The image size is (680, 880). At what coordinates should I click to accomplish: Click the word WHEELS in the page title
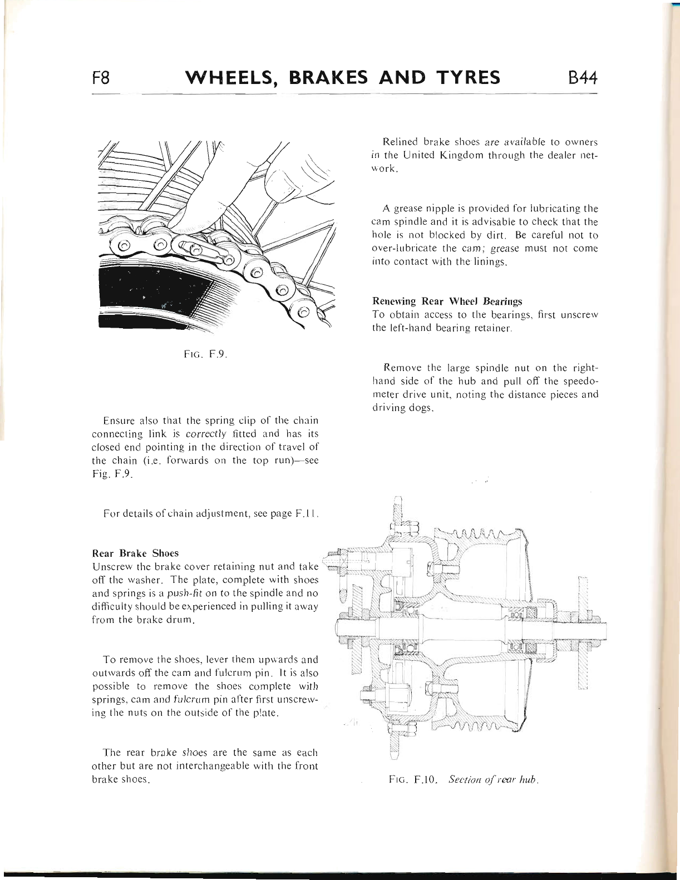(233, 77)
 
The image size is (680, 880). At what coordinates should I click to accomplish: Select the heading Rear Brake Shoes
(135, 553)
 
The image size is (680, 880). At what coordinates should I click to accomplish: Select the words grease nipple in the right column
(422, 209)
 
